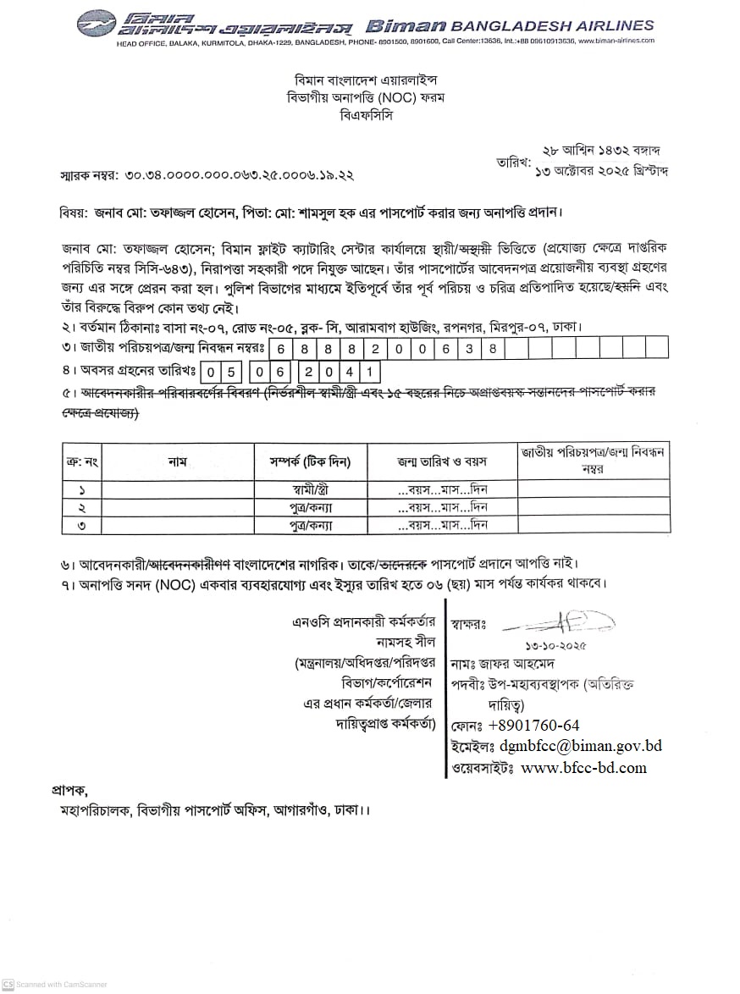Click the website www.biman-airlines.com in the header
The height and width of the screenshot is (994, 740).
coord(616,41)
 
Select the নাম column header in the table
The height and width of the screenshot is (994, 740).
coord(177,461)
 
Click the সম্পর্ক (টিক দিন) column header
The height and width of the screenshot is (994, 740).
coord(304,461)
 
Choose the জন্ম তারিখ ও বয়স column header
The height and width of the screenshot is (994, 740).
coord(442,461)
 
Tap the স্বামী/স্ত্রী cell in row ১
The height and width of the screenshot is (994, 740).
coord(304,489)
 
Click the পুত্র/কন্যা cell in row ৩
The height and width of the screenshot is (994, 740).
coord(304,525)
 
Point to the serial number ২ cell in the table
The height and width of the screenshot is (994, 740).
coord(82,507)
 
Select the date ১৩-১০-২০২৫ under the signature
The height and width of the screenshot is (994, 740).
coord(555,646)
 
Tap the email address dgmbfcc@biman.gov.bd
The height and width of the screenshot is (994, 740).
coord(581,746)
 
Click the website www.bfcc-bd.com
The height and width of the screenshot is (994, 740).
coord(583,768)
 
